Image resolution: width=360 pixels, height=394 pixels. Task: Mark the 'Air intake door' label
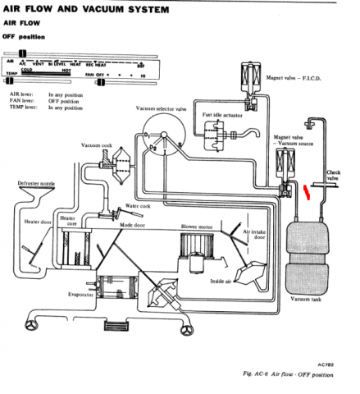[x=262, y=236]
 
